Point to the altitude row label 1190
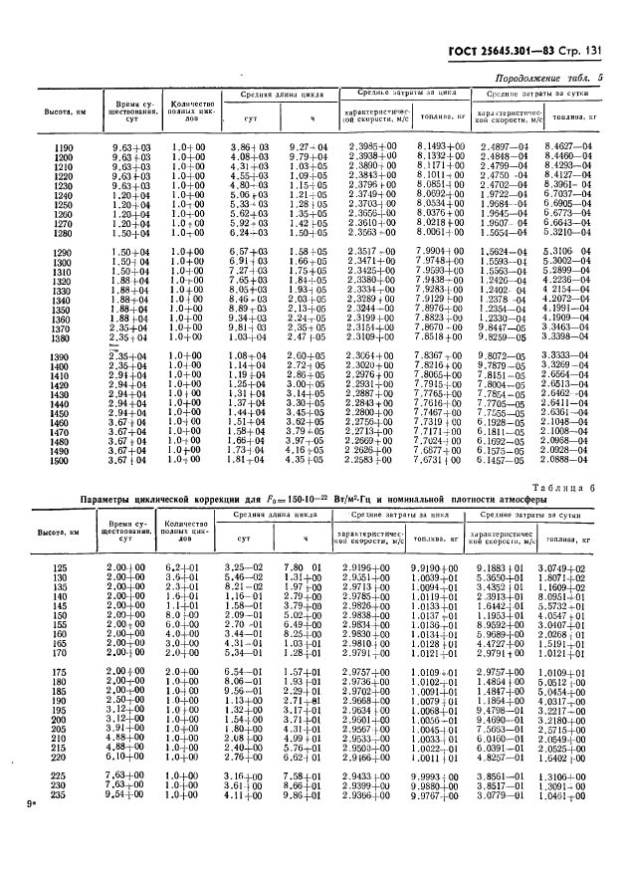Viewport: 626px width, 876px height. (x=63, y=147)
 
